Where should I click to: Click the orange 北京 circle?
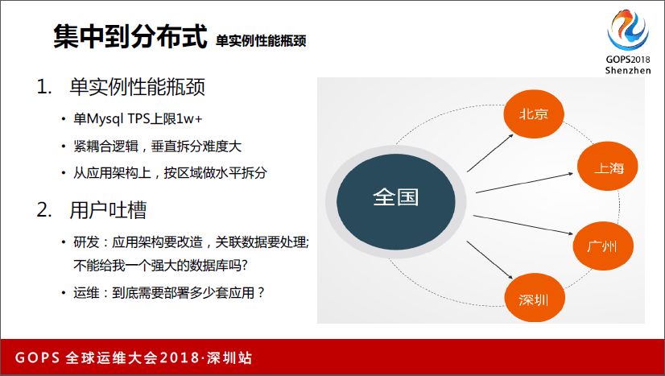[x=534, y=114]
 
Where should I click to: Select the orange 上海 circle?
[x=608, y=167]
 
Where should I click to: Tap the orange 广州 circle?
[x=603, y=246]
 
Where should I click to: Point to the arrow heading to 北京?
[x=490, y=153]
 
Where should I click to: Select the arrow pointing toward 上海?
[x=525, y=183]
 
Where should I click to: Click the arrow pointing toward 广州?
[x=523, y=225]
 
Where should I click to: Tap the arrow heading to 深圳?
[x=489, y=260]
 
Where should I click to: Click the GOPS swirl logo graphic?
[x=628, y=30]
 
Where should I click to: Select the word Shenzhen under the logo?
[x=628, y=70]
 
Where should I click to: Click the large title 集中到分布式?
[x=130, y=36]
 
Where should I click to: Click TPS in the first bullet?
[x=138, y=118]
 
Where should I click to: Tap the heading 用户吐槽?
[x=108, y=210]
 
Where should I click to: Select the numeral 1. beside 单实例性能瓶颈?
[x=43, y=87]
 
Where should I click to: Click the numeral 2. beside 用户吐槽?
[x=44, y=210]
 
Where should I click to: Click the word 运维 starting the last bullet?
[x=86, y=293]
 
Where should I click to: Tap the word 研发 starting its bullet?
[x=86, y=242]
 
